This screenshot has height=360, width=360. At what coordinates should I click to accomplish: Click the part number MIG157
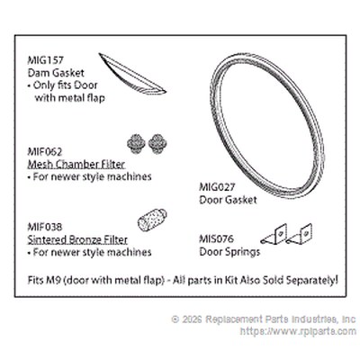pyautogui.click(x=46, y=60)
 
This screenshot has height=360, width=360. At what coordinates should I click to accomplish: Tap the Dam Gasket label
pyautogui.click(x=56, y=73)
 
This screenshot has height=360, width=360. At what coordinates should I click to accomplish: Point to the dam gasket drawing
pyautogui.click(x=132, y=74)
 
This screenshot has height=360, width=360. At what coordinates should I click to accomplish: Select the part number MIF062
pyautogui.click(x=45, y=152)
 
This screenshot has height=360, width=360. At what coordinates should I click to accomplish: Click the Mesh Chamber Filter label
pyautogui.click(x=76, y=165)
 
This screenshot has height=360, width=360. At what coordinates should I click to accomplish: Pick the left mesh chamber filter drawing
pyautogui.click(x=136, y=144)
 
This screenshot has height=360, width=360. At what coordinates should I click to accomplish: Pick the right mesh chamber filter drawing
pyautogui.click(x=157, y=144)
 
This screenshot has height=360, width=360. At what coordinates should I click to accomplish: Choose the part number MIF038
pyautogui.click(x=45, y=227)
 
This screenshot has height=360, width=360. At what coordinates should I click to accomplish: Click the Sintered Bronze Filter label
pyautogui.click(x=77, y=239)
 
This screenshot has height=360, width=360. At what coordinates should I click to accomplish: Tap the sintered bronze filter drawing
pyautogui.click(x=152, y=220)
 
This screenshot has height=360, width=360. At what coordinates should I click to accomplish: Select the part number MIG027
pyautogui.click(x=217, y=187)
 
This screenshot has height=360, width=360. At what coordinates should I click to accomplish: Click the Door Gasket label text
pyautogui.click(x=228, y=200)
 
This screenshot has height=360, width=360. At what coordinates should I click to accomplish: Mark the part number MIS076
pyautogui.click(x=216, y=239)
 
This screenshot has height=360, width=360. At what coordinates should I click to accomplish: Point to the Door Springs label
pyautogui.click(x=229, y=252)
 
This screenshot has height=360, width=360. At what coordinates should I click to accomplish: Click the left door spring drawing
pyautogui.click(x=274, y=234)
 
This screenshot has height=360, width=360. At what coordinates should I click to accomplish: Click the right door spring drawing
pyautogui.click(x=299, y=234)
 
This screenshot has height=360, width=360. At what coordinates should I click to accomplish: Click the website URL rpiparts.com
pyautogui.click(x=298, y=331)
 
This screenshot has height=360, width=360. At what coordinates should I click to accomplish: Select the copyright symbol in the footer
pyautogui.click(x=175, y=319)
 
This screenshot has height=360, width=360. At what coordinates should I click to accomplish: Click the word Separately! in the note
pyautogui.click(x=312, y=280)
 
